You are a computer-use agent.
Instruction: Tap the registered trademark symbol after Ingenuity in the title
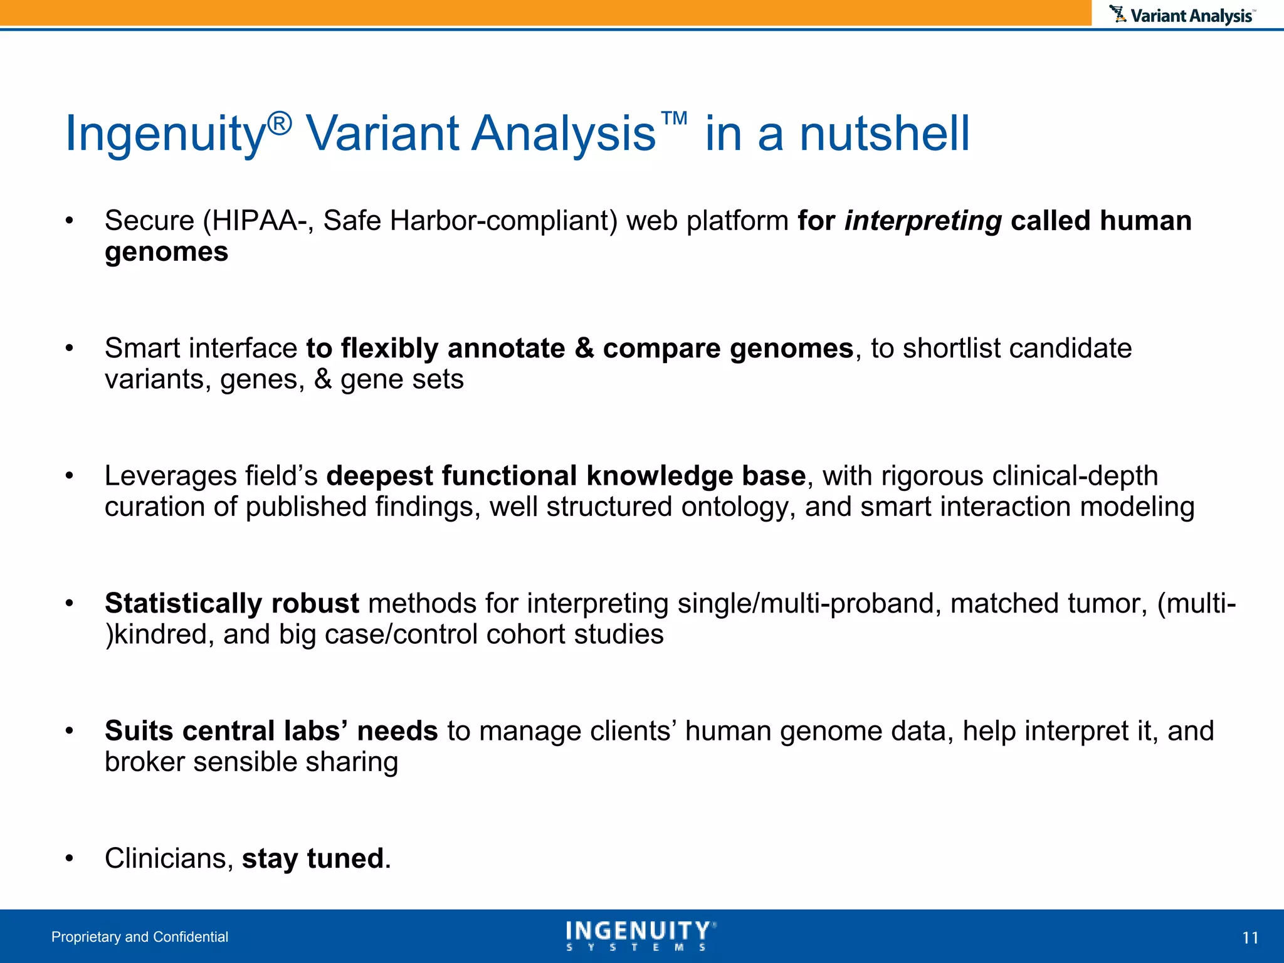(280, 124)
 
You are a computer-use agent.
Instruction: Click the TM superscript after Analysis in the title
(674, 118)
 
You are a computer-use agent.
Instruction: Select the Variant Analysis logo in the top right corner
(1182, 15)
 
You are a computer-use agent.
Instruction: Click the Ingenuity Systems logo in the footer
(640, 935)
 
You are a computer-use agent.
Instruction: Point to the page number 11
(1250, 938)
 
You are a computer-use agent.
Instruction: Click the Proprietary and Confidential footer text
(140, 937)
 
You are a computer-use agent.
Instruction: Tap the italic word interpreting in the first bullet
(923, 221)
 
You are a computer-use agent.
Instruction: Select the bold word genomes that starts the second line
(166, 252)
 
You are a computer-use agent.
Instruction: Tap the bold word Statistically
(183, 603)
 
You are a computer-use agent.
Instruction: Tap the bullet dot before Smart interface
(70, 349)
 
